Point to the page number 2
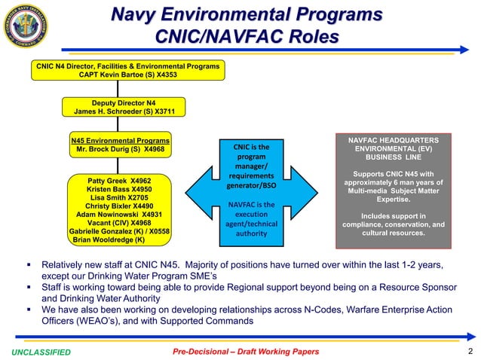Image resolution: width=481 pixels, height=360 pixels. (x=470, y=352)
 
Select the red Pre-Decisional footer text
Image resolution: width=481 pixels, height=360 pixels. (x=246, y=352)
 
